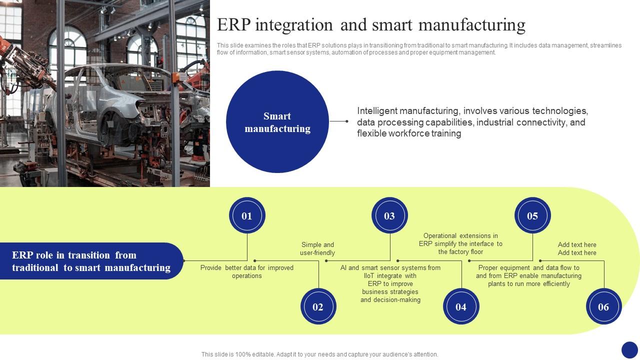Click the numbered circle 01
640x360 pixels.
[247, 215]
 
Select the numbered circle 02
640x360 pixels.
[318, 306]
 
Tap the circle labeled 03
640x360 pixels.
[389, 215]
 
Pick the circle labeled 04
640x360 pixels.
[461, 306]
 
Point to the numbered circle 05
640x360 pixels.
[532, 215]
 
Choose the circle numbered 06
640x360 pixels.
[603, 306]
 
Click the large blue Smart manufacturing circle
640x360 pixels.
[277, 122]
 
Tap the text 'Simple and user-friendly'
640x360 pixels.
[317, 248]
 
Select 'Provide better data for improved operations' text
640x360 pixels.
[247, 271]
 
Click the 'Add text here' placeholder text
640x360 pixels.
[577, 248]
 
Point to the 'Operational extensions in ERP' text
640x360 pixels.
[460, 243]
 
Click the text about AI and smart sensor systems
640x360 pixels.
[390, 283]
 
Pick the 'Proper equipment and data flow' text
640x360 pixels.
[528, 275]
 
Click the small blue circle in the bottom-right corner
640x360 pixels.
[629, 349]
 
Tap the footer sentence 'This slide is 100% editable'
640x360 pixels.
[319, 354]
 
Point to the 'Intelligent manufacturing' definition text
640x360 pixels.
[472, 122]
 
